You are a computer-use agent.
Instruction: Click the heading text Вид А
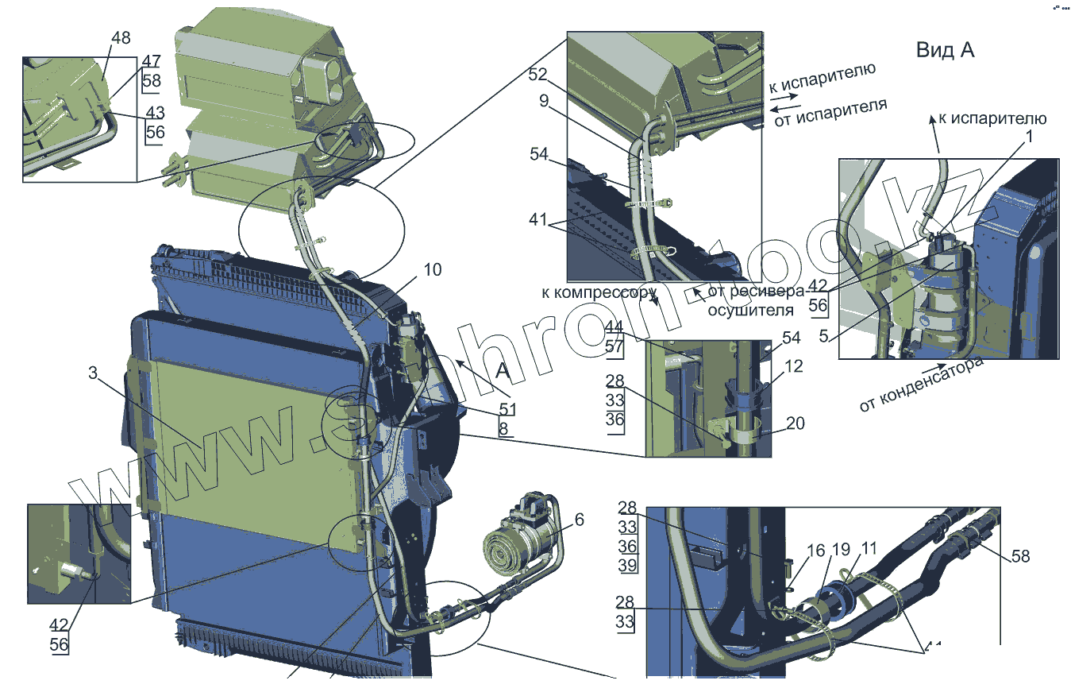pyautogui.click(x=945, y=50)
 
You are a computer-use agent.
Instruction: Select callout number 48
pyautogui.click(x=121, y=38)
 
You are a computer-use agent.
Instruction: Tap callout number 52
pyautogui.click(x=538, y=74)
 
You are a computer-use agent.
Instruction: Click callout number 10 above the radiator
pyautogui.click(x=432, y=269)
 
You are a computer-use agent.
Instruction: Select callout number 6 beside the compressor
pyautogui.click(x=579, y=520)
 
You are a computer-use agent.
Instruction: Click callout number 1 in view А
pyautogui.click(x=1029, y=136)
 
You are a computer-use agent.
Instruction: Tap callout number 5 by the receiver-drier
pyautogui.click(x=824, y=336)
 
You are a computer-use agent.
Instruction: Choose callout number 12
pyautogui.click(x=793, y=366)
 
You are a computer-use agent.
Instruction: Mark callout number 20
pyautogui.click(x=795, y=423)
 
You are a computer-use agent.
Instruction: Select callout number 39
pyautogui.click(x=627, y=565)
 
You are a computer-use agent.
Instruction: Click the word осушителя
pyautogui.click(x=750, y=309)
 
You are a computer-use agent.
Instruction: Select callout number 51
pyautogui.click(x=507, y=409)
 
